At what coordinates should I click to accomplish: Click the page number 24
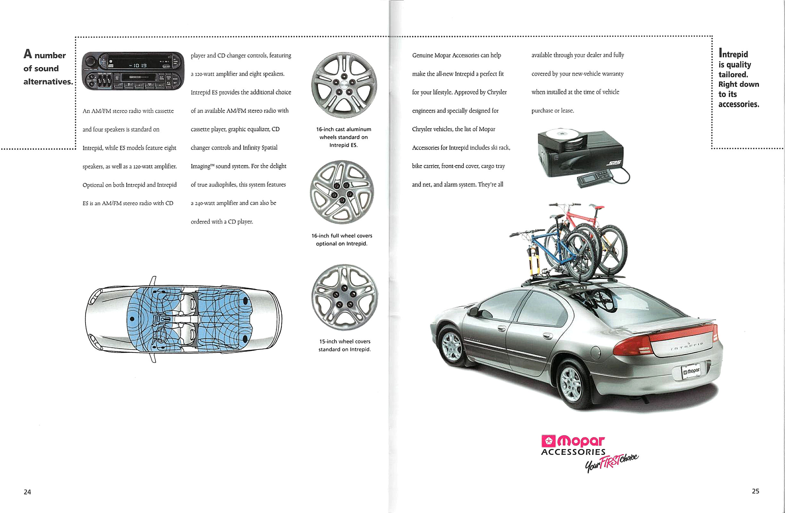[x=27, y=492]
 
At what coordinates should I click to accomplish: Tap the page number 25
[x=755, y=491]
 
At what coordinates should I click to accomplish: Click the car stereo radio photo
[x=133, y=71]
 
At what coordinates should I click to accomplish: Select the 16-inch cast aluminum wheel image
[x=344, y=85]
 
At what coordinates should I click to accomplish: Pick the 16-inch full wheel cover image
[x=342, y=192]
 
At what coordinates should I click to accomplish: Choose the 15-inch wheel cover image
[x=344, y=297]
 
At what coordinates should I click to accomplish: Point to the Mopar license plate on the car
[x=691, y=372]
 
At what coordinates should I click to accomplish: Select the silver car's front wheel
[x=452, y=346]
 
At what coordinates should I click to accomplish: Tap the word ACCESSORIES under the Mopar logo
[x=573, y=452]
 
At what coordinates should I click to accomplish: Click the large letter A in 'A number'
[x=28, y=54]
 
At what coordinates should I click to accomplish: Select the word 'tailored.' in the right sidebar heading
[x=733, y=75]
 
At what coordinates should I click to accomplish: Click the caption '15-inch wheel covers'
[x=345, y=341]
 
